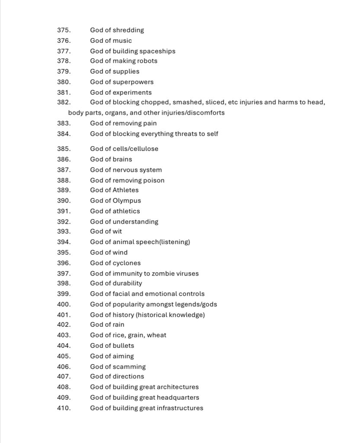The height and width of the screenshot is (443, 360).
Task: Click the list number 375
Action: [63, 30]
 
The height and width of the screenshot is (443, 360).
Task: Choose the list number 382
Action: [63, 103]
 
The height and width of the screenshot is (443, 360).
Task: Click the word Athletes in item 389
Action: [125, 190]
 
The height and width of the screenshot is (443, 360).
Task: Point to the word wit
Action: [117, 231]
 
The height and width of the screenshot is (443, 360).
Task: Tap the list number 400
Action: [63, 304]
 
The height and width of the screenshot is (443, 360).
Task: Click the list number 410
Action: [63, 408]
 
